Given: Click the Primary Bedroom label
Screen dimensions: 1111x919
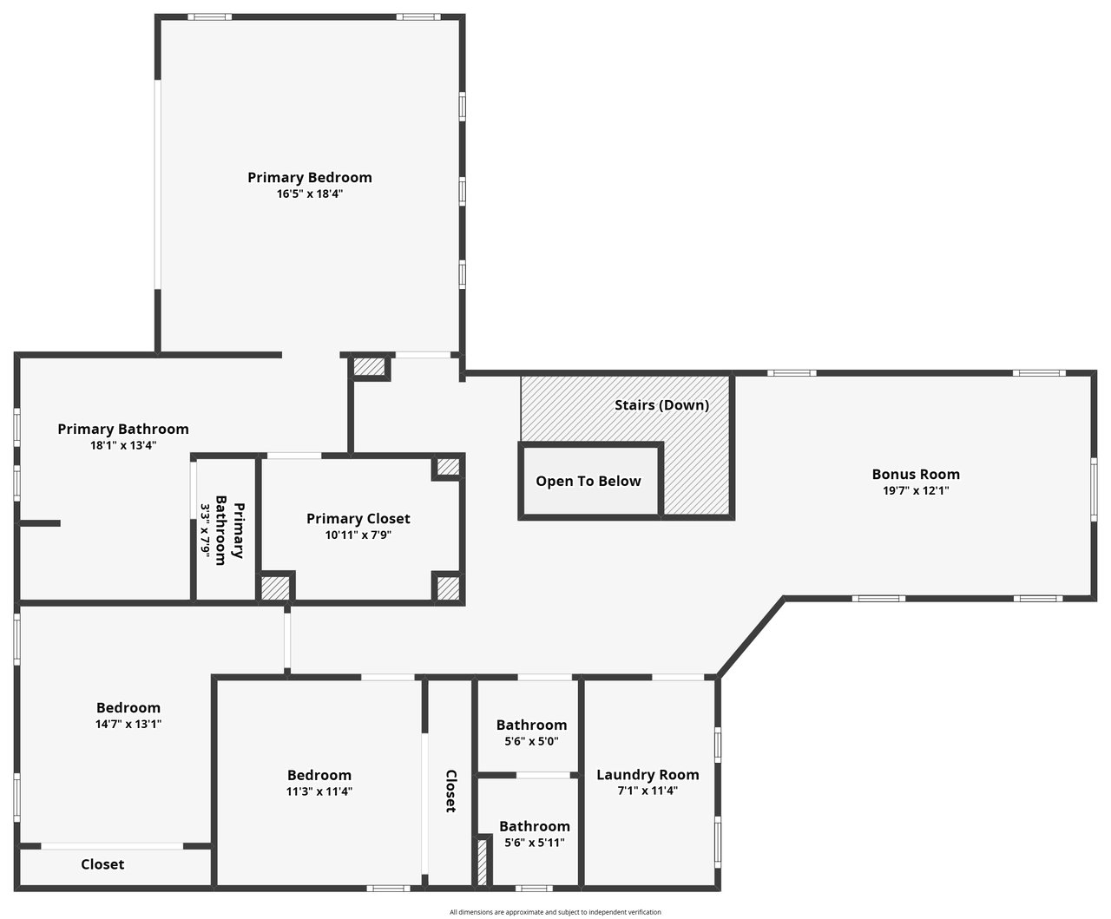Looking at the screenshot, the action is [x=310, y=177].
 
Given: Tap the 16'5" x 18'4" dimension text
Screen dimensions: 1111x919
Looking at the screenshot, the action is [x=310, y=194].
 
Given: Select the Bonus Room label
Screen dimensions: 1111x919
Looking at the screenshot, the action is [x=916, y=474].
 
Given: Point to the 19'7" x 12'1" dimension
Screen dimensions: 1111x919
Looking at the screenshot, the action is [x=916, y=490].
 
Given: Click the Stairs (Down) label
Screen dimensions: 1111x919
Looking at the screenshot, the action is [x=662, y=405].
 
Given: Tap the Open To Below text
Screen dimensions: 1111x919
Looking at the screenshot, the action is [x=588, y=481].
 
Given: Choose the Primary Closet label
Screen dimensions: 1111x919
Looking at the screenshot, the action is [x=358, y=518].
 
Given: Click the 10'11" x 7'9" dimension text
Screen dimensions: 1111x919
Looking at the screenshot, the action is [x=358, y=535].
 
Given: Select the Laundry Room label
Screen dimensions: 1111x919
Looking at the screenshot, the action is [x=648, y=775].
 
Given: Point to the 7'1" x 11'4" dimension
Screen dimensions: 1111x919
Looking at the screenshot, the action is [x=648, y=791].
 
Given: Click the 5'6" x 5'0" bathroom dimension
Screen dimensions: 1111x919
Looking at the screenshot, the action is [x=531, y=741].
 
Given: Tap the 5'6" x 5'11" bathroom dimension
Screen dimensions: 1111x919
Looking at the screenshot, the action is [x=534, y=843].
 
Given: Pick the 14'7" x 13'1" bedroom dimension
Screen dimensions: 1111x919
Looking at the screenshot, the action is [x=128, y=724].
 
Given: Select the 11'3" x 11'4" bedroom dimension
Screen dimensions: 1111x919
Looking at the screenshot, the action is [x=319, y=791].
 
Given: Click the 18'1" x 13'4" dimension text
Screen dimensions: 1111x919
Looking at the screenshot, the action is [x=123, y=445].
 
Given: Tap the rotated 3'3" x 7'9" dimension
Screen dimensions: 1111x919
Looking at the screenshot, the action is [x=206, y=530].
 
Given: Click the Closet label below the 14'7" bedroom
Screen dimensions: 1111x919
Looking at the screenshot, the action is [x=102, y=864].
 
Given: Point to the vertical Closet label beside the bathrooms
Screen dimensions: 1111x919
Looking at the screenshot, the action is [x=450, y=791].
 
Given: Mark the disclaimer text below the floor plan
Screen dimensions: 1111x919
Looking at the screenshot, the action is [x=555, y=912].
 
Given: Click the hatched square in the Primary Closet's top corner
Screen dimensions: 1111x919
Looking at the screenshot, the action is [x=448, y=467].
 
